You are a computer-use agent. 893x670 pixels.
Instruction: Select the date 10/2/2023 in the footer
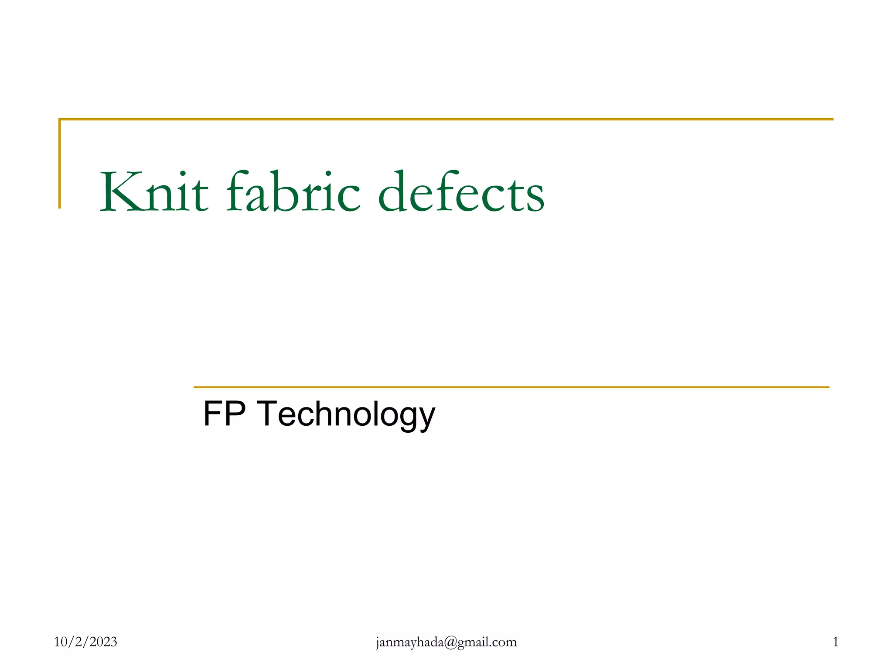click(85, 642)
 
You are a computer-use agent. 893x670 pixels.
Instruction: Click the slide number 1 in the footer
click(835, 642)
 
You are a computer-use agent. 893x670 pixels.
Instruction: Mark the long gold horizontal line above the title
click(445, 119)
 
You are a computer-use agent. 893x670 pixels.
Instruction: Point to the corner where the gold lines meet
click(60, 119)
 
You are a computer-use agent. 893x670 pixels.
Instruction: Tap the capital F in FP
click(212, 414)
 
